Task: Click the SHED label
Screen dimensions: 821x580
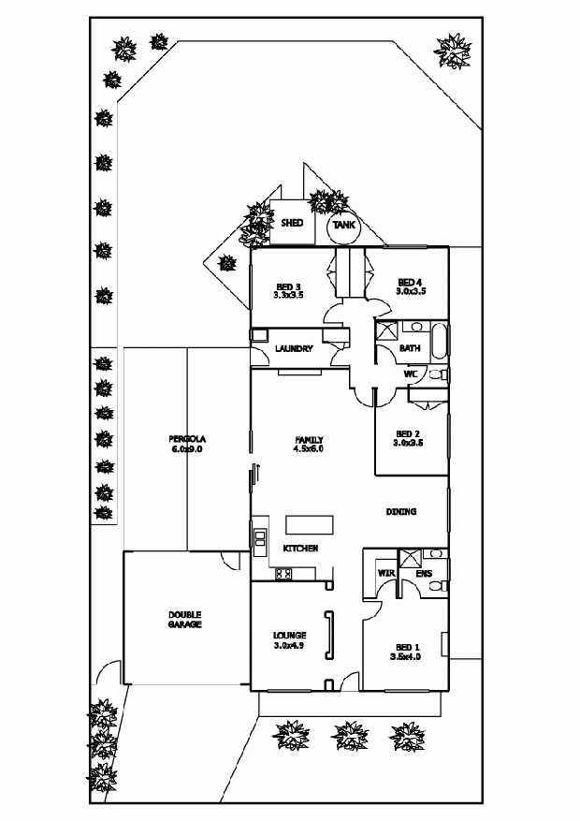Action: pos(291,224)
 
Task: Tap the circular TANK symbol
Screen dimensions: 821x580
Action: pos(343,226)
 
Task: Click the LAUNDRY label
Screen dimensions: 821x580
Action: pos(293,349)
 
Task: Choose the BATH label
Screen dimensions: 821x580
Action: pos(410,348)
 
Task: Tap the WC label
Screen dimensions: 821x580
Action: pos(410,374)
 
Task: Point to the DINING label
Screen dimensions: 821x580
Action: pos(401,512)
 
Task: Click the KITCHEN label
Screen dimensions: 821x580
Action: pos(301,548)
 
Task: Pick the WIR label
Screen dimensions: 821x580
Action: pos(384,572)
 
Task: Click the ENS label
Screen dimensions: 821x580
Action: pos(422,572)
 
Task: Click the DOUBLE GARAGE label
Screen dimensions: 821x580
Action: pos(185,619)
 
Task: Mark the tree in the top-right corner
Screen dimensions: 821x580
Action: pos(453,51)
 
